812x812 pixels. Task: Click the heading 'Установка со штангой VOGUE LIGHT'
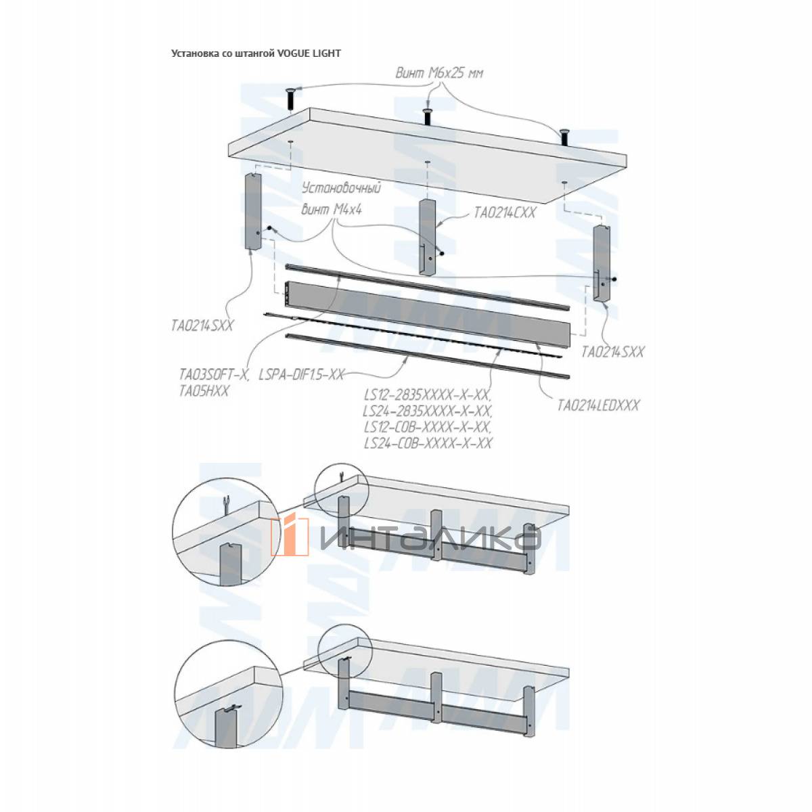coord(256,53)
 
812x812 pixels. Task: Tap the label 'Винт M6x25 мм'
coord(440,73)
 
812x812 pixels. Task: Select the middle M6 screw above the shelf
coord(428,115)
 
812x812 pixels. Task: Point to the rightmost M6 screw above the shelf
coord(564,135)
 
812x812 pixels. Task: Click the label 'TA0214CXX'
coord(504,212)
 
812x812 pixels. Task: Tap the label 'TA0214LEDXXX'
coord(597,406)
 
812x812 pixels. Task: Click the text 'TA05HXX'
coord(204,390)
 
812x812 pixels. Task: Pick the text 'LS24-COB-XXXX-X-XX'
coord(427,443)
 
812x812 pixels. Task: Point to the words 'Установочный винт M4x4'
coord(340,198)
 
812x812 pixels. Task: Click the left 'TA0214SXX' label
coord(202,325)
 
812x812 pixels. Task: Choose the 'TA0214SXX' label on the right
coord(613,352)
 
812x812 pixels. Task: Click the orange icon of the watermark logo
coord(291,536)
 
